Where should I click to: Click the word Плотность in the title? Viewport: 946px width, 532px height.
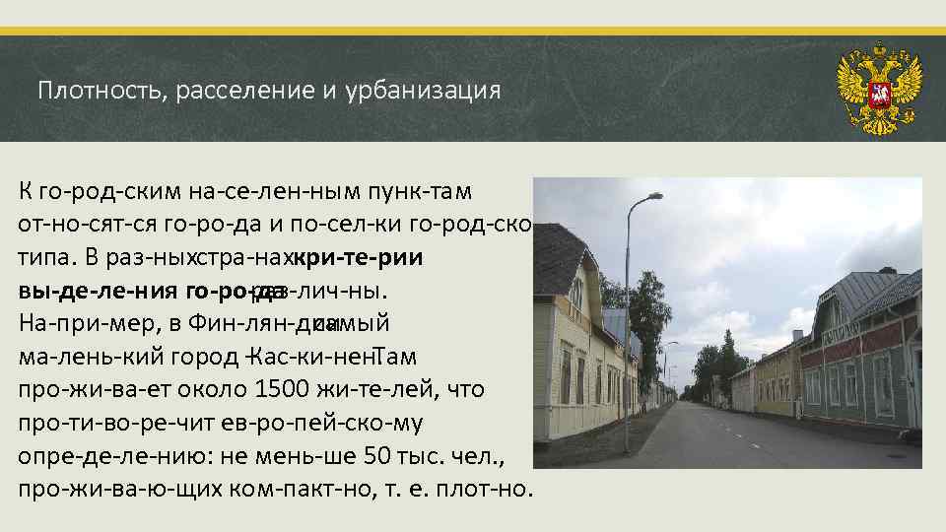pos(92,92)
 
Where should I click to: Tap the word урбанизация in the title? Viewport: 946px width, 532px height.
pos(424,92)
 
